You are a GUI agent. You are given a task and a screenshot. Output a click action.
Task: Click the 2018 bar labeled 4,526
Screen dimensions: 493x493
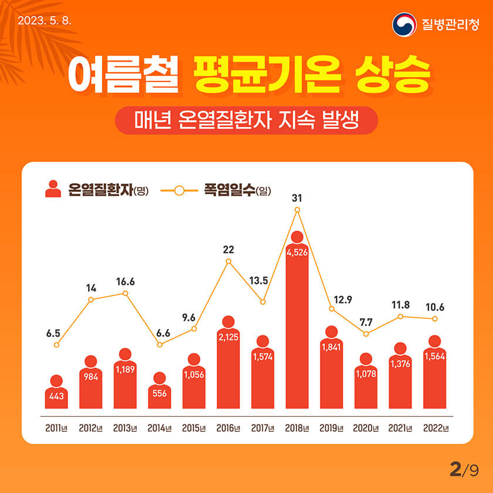[297, 329]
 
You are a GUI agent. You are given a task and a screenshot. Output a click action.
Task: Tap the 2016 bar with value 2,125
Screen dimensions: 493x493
[228, 367]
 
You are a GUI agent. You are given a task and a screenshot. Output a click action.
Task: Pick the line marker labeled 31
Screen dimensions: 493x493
[297, 210]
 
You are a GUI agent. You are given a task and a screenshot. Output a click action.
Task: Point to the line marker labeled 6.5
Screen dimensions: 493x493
[56, 345]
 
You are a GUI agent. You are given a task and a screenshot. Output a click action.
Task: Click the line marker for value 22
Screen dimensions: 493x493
[228, 261]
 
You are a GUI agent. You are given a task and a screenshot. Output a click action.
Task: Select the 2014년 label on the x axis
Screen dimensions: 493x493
[160, 428]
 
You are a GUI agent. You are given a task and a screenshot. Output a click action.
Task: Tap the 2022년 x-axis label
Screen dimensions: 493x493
[435, 428]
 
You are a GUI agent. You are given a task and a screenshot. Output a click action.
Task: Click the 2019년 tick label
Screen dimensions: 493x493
[332, 428]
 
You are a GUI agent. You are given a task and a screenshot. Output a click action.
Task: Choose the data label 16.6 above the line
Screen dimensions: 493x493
[125, 282]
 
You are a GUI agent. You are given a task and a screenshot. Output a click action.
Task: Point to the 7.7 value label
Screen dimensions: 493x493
[366, 322]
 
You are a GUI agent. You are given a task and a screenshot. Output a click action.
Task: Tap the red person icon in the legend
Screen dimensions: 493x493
[53, 189]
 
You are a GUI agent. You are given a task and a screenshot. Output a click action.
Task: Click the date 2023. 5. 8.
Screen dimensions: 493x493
[45, 21]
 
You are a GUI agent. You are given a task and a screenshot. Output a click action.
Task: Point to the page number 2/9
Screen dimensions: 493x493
[464, 470]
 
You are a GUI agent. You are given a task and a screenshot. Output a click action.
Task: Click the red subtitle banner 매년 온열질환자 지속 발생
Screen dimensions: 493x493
[246, 120]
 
